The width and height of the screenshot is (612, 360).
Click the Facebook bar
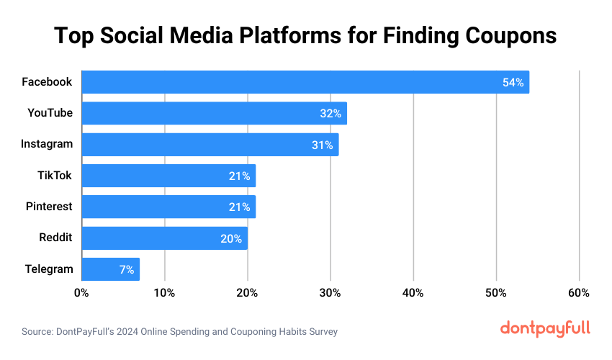click(305, 82)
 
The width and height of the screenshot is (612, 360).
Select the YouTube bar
click(214, 113)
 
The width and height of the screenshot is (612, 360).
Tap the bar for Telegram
click(110, 269)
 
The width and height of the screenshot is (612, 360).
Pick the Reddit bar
click(164, 238)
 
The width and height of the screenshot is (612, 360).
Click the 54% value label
click(513, 83)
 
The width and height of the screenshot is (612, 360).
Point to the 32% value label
click(330, 114)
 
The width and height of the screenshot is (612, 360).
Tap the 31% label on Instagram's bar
click(322, 145)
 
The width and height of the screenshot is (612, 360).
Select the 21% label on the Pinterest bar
click(239, 207)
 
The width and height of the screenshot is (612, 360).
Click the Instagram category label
click(47, 144)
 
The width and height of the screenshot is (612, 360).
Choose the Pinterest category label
click(50, 207)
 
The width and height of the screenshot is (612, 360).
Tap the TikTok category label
click(55, 175)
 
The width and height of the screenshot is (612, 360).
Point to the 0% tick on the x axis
click(81, 293)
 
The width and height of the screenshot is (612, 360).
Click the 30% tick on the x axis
click(330, 293)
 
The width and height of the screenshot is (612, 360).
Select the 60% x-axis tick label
click(579, 293)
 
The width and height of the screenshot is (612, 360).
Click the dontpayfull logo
click(545, 328)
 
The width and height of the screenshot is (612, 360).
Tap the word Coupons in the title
click(502, 35)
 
